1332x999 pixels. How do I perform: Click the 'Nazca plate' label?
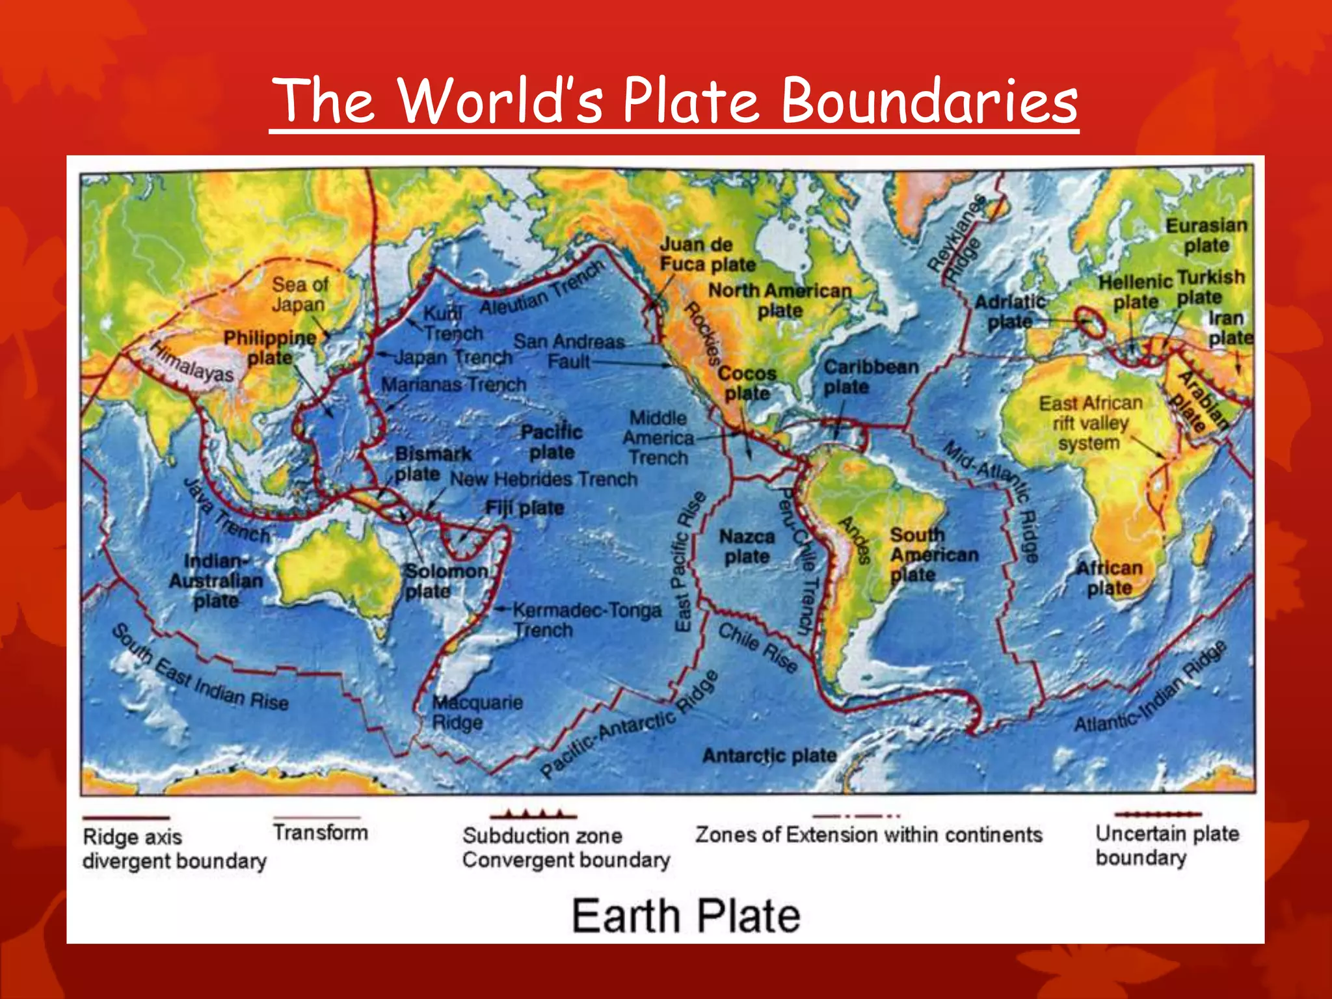coord(747,546)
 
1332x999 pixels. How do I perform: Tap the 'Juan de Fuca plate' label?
coord(707,254)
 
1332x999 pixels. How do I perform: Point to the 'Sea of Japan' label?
coord(299,294)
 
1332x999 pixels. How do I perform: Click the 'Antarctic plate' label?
coord(769,755)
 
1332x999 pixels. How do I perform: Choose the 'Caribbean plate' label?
coord(870,377)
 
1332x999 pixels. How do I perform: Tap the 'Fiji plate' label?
coord(524,507)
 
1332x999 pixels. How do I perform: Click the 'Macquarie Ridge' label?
coord(477,712)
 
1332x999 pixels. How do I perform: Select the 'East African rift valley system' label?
coord(1090,423)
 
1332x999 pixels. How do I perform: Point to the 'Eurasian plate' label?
coord(1206,235)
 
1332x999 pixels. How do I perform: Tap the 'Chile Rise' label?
coord(758,647)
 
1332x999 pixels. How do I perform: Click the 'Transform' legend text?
coord(320,832)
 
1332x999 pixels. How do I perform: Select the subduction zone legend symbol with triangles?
coord(533,814)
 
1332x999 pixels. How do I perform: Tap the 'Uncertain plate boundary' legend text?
coord(1167,845)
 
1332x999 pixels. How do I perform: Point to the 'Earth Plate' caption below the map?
coord(686,916)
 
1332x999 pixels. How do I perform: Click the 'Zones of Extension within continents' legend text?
coord(868,834)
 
